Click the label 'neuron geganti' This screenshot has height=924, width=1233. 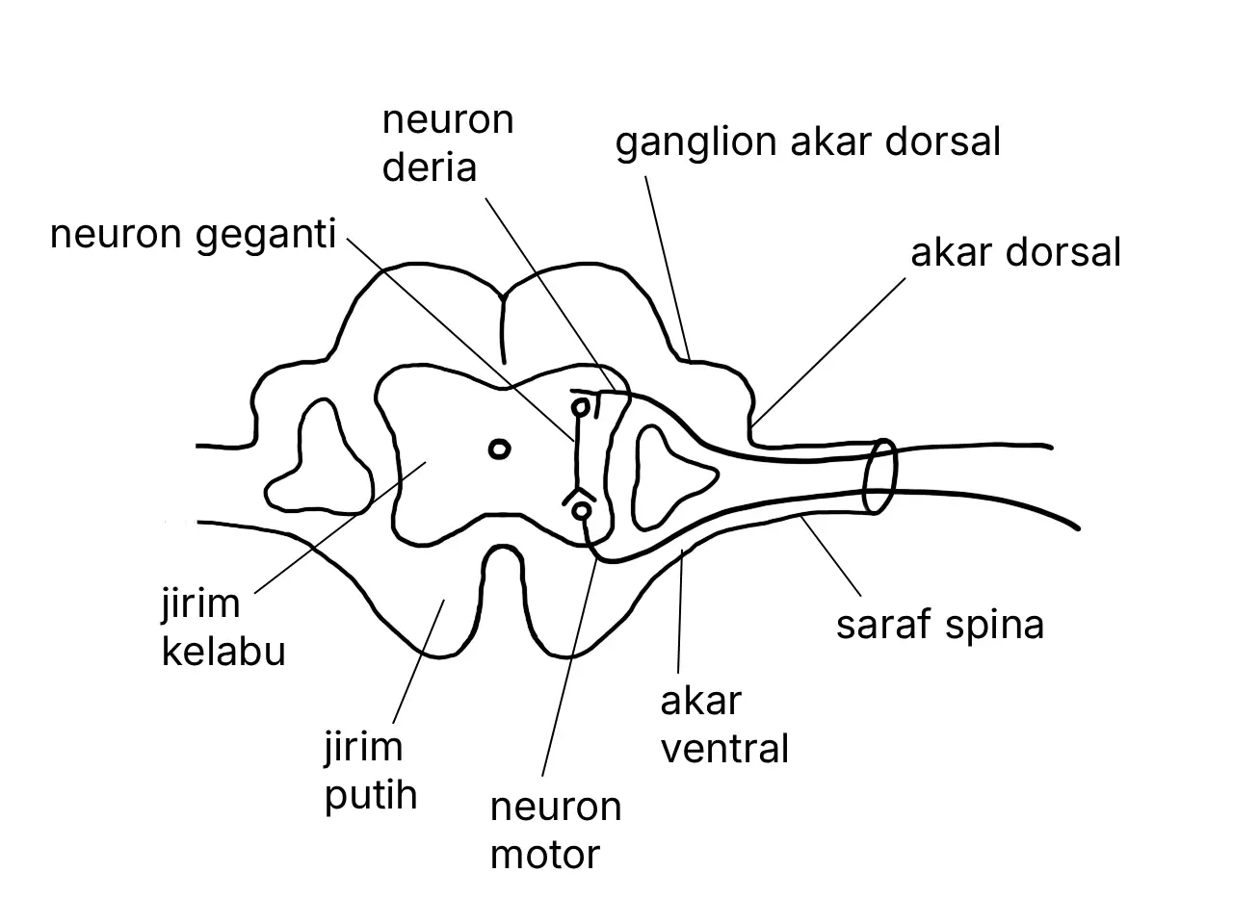tap(193, 235)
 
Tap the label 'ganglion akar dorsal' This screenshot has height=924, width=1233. tap(807, 142)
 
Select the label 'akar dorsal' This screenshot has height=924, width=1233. tap(1015, 252)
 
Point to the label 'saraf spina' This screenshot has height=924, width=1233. tap(940, 625)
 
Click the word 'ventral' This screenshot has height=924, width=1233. tap(724, 749)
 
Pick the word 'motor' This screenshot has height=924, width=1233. tap(545, 855)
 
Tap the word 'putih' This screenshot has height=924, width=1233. tap(371, 797)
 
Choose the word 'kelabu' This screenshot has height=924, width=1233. tap(223, 652)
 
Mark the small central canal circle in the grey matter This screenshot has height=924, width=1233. tap(499, 449)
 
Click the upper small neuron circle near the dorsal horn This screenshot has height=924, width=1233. tap(581, 407)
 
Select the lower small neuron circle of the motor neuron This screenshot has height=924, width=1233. tap(582, 511)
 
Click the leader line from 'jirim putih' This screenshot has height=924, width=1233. tap(418, 662)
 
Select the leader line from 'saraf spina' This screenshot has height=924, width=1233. tap(830, 556)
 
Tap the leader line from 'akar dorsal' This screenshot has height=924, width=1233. tap(828, 351)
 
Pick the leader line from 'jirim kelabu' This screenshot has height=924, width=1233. tap(340, 527)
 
